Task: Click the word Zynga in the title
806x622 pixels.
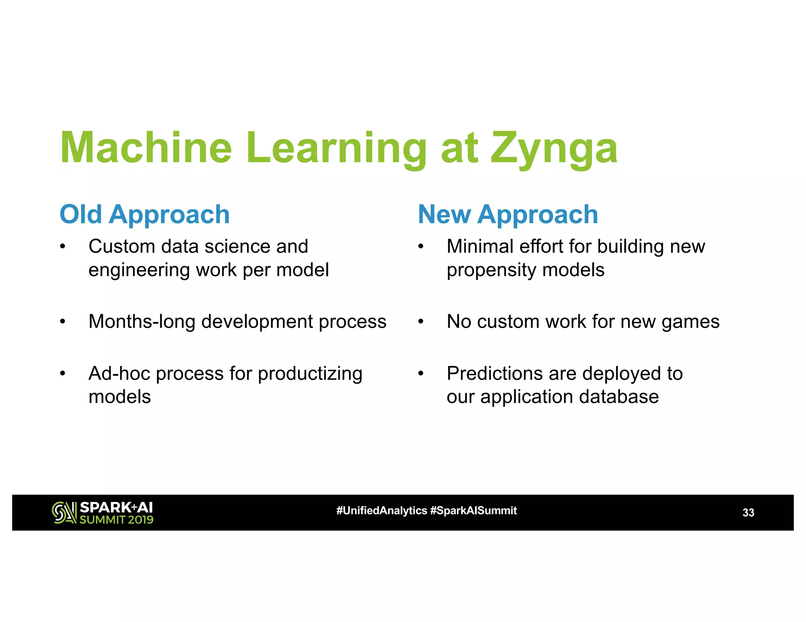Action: point(554,148)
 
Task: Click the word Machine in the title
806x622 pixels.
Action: point(146,148)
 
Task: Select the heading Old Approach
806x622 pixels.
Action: point(144,215)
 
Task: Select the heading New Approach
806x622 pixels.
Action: point(508,215)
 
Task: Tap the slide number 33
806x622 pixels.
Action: point(748,513)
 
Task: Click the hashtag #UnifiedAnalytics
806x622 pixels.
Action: point(381,511)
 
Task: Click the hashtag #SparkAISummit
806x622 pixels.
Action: point(473,511)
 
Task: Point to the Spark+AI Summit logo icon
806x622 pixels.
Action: point(64,513)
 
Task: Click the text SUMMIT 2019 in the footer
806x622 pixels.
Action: point(116,520)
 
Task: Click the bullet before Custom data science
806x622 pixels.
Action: point(63,247)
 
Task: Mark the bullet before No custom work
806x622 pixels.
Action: point(421,322)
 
